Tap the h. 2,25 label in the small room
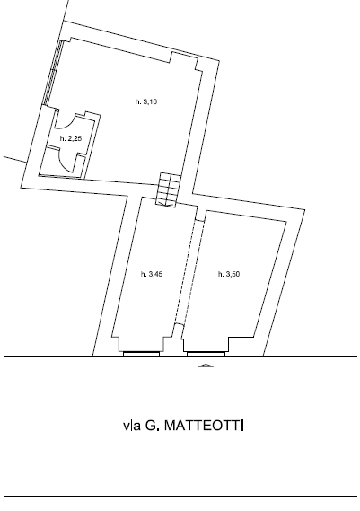click(70, 139)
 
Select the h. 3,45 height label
click(152, 274)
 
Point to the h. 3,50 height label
click(229, 274)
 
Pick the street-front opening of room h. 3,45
click(142, 353)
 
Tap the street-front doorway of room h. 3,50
click(206, 353)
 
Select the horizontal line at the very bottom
click(180, 496)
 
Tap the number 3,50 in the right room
click(233, 274)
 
